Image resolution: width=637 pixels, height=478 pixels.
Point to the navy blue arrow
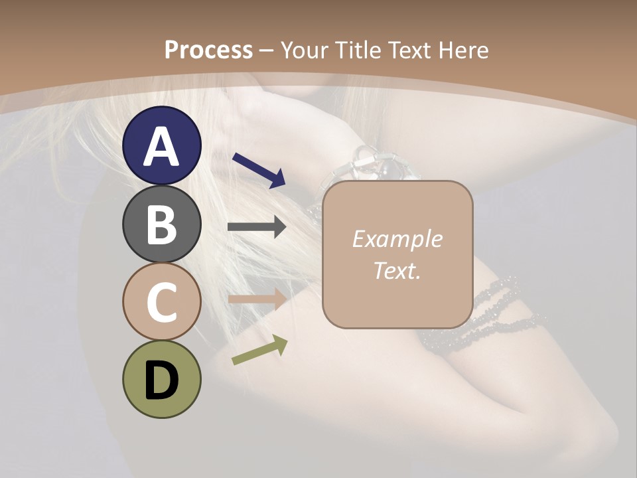259,170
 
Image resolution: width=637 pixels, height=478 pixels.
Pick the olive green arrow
259,350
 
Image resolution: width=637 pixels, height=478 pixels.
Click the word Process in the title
208,50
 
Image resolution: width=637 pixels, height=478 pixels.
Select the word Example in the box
397,239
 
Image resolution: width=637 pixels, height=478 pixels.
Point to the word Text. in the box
397,270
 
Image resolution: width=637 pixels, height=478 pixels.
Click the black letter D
161,380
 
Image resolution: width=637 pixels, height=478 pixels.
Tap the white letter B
161,224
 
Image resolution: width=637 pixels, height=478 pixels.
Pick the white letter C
161,302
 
